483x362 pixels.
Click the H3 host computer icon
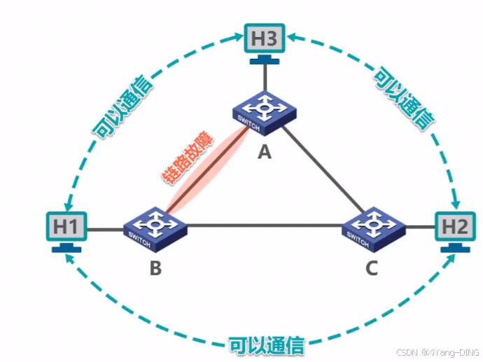265,39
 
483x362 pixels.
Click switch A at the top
264,112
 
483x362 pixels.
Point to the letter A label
264,151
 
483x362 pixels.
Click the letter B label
156,267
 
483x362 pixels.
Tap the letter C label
372,267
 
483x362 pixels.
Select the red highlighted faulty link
208,172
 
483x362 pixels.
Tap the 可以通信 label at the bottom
267,345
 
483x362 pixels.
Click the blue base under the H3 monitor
265,62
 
